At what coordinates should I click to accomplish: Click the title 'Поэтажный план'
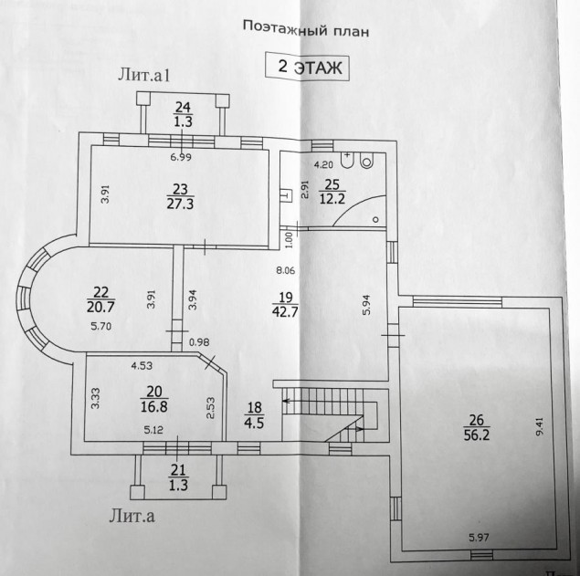point(306,28)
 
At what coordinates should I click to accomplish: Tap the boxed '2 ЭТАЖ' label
point(308,68)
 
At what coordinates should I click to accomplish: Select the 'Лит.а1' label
point(144,76)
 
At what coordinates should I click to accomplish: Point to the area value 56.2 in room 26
point(477,435)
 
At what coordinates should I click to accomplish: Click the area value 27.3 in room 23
point(180,204)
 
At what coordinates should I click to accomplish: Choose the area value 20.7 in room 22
point(100,307)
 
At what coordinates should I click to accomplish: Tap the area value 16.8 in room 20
point(153,407)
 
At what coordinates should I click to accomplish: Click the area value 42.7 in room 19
point(285,311)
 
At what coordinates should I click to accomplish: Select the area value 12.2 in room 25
point(332,199)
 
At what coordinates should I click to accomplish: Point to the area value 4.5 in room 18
point(254,423)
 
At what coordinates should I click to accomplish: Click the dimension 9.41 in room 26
point(540,426)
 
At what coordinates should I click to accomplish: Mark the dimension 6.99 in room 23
point(181,158)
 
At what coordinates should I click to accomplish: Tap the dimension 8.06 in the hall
point(286,270)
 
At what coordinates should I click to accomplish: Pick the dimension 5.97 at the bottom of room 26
point(479,538)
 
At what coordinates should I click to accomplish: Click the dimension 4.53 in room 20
point(142,366)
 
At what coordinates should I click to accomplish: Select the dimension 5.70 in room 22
point(101,327)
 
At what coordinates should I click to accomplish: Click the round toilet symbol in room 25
point(367,161)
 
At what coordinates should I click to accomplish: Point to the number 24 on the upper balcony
point(183,108)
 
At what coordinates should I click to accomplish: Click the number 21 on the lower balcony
point(178,470)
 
